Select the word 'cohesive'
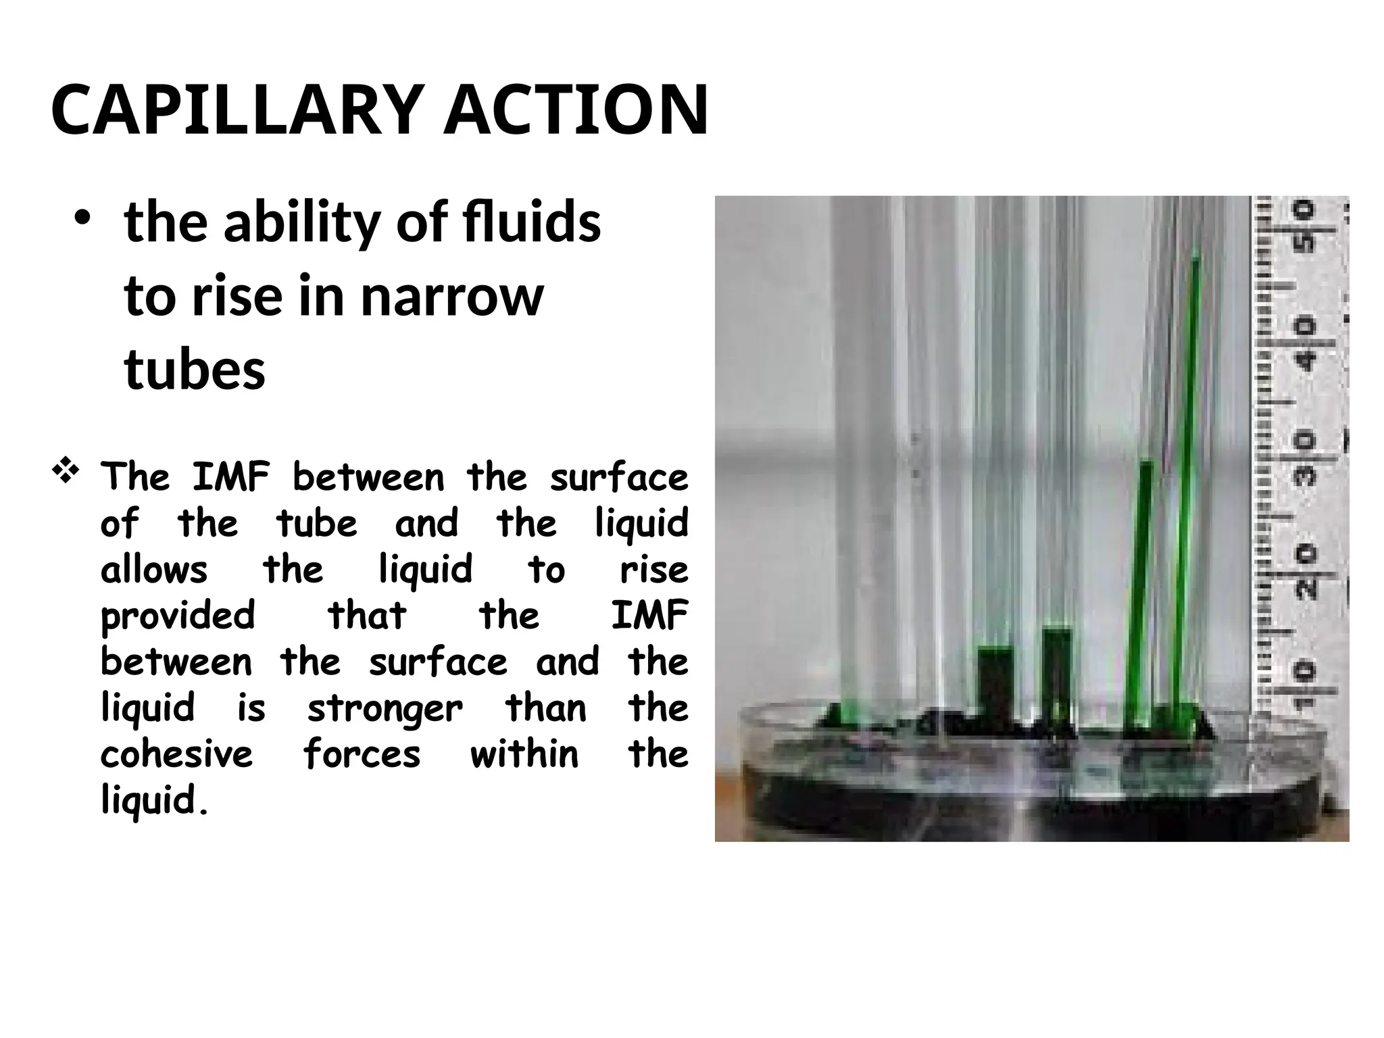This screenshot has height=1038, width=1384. [x=177, y=754]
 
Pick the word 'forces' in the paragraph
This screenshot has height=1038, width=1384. [x=362, y=754]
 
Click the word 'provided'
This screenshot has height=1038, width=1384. [x=178, y=616]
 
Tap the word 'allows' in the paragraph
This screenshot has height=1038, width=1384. [x=154, y=570]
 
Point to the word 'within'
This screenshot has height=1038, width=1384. [x=524, y=754]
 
